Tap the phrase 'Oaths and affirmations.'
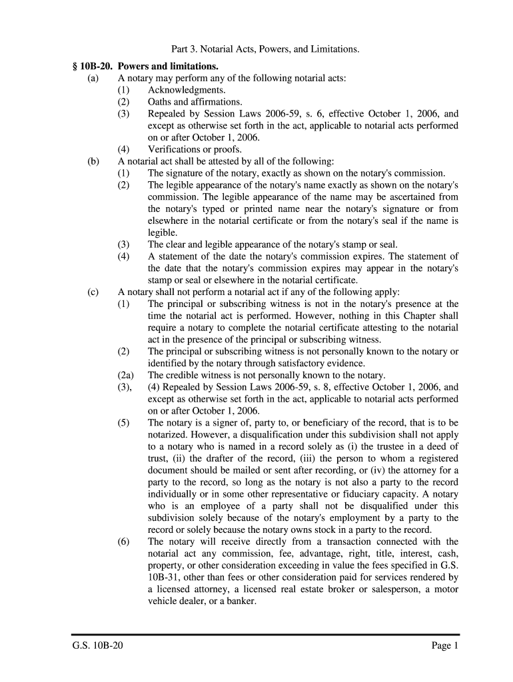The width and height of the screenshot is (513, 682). tap(195, 102)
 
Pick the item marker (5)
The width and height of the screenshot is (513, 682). tap(124, 422)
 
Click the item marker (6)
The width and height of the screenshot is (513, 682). tap(124, 541)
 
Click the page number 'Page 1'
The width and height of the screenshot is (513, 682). tap(445, 646)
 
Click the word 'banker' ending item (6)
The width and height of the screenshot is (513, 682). tap(240, 601)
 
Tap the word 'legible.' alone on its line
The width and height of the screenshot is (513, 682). tap(163, 232)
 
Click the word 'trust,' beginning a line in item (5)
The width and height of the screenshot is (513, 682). tap(159, 458)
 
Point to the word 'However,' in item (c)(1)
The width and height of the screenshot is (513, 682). tap(316, 316)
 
